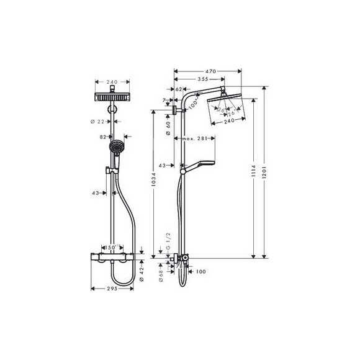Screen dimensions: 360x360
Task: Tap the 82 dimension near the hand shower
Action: click(103, 136)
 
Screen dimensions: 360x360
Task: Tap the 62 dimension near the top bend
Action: click(179, 89)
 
